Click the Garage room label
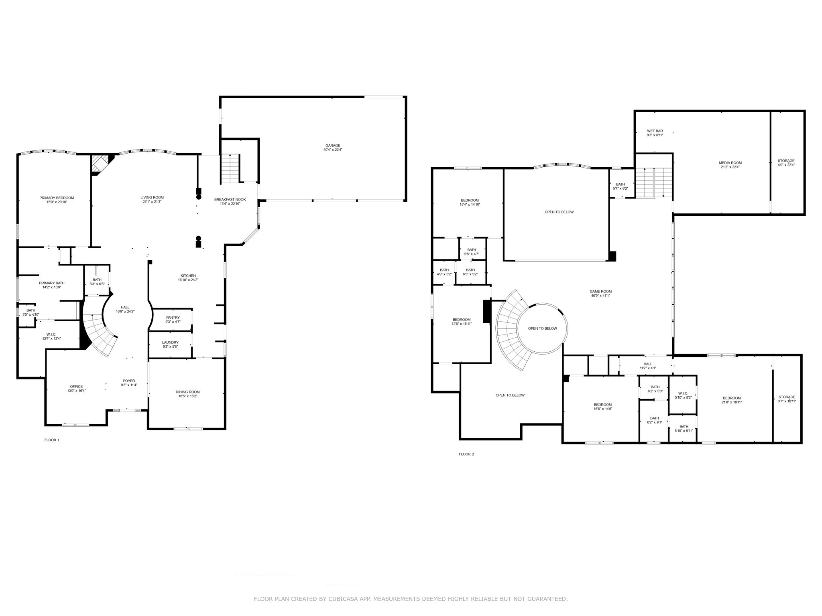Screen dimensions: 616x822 (x=332, y=146)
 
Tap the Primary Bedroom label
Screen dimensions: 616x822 (x=57, y=198)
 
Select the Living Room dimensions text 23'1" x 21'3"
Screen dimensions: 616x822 (x=152, y=202)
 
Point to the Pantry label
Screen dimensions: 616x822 (x=173, y=318)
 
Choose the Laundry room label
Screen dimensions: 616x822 (x=170, y=342)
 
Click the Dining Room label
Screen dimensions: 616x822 (x=187, y=392)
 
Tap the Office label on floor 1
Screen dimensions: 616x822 (x=76, y=387)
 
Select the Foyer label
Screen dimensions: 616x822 (x=129, y=381)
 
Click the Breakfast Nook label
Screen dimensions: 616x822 (x=230, y=199)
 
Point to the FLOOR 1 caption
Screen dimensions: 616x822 (x=52, y=440)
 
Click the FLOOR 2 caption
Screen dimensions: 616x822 (x=466, y=454)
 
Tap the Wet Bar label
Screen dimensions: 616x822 (x=655, y=131)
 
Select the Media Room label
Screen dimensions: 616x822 (x=730, y=163)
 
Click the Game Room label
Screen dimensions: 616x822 (x=600, y=292)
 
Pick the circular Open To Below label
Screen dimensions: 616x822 (x=542, y=328)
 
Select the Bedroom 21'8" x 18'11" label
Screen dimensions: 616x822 (x=731, y=398)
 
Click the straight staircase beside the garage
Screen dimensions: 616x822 (x=230, y=168)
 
